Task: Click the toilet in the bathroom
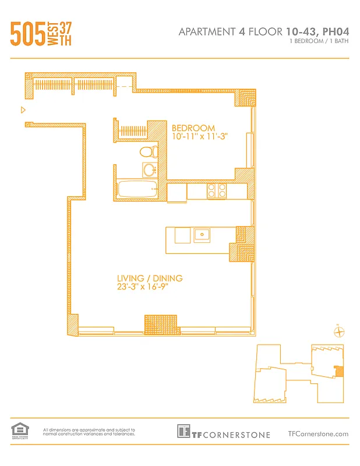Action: [150, 153]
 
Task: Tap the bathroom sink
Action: [150, 170]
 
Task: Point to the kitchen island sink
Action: [202, 235]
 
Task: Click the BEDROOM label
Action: [193, 128]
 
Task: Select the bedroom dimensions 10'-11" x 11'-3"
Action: [198, 137]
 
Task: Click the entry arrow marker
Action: [23, 110]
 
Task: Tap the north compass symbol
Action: [338, 333]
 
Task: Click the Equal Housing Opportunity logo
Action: [19, 430]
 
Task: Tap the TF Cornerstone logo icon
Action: [183, 431]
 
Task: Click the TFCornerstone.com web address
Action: [318, 433]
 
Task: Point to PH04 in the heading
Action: [335, 31]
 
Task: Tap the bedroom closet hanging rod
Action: [132, 129]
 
